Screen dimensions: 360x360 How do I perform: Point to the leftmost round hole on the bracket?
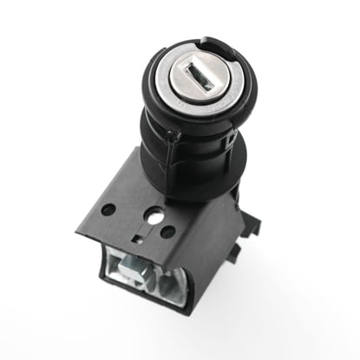pyautogui.click(x=107, y=209)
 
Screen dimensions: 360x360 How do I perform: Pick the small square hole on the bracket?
pyautogui.click(x=136, y=235)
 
